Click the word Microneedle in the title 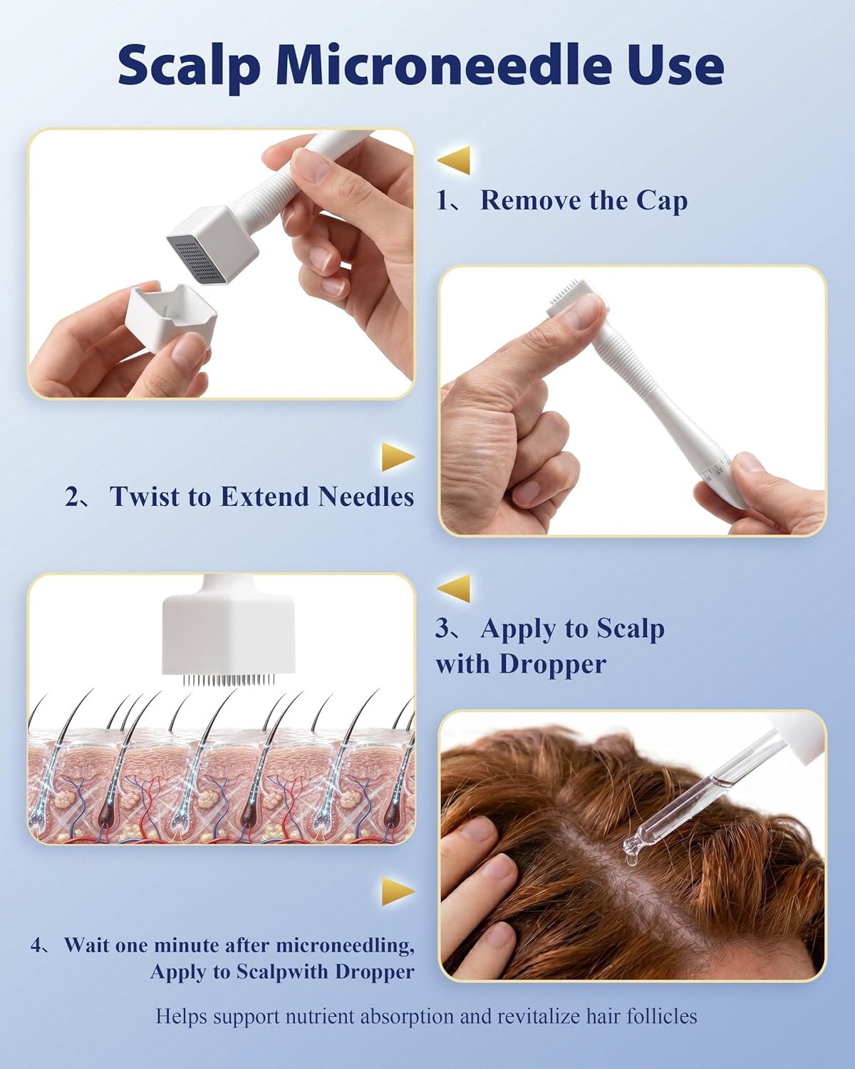point(444,66)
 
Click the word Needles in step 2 point(366,496)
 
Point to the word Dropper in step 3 point(552,664)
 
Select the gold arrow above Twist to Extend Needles point(398,457)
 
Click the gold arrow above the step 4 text point(398,892)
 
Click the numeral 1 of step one point(442,201)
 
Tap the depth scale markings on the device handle point(716,468)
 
